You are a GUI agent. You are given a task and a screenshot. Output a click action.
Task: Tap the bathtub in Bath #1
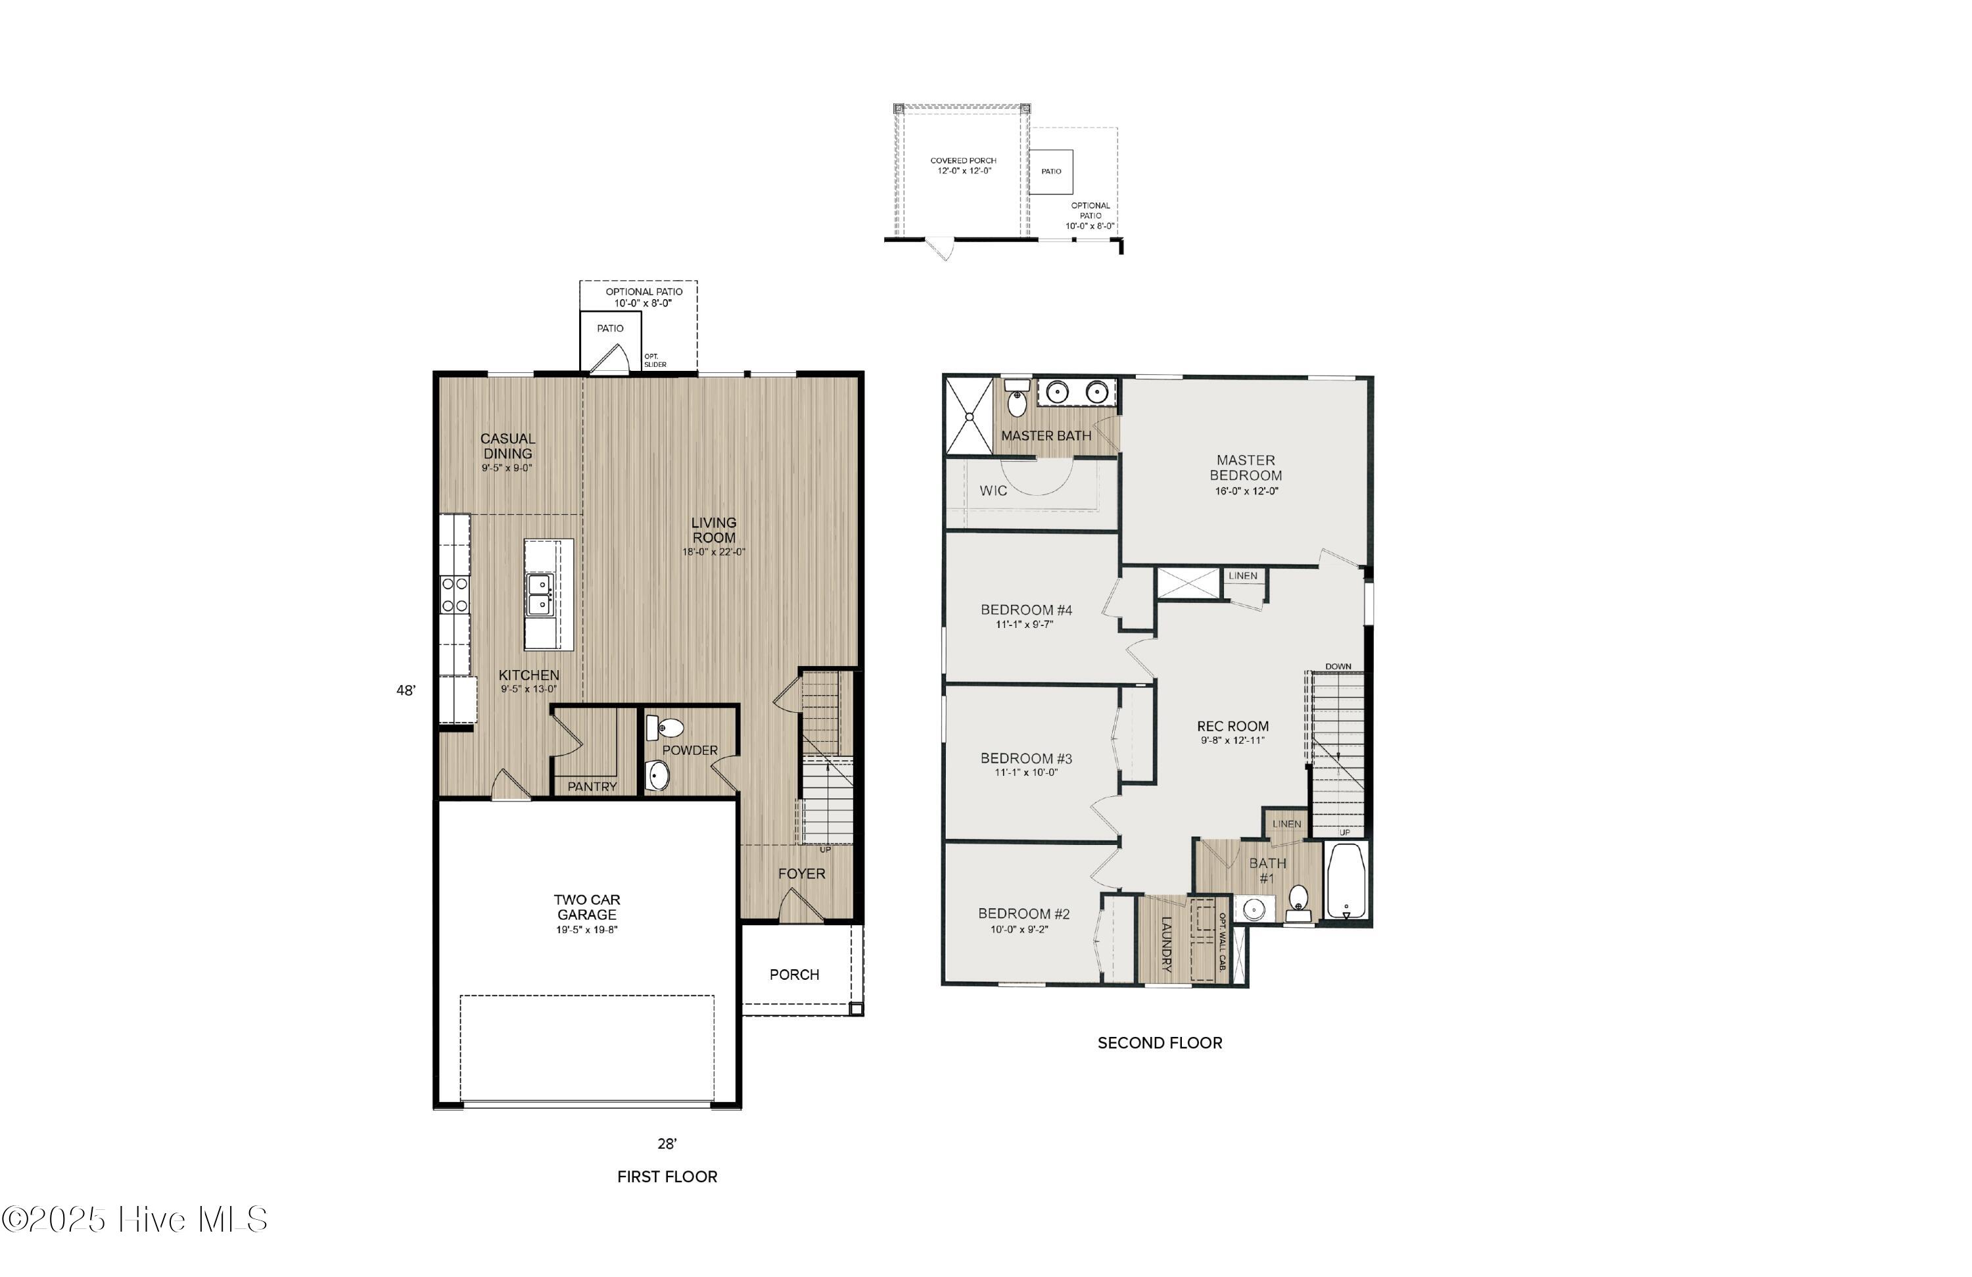coord(1346,881)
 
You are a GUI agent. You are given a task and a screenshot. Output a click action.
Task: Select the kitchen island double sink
coord(540,595)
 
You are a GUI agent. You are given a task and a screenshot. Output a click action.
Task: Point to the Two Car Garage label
coord(586,907)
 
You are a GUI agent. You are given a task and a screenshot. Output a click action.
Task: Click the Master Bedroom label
coord(1246,468)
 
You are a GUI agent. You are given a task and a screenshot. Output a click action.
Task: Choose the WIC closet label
coord(993,491)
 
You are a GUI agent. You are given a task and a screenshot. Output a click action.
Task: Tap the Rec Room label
coord(1233,726)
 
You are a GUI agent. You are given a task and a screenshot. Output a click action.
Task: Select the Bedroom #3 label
coord(1026,758)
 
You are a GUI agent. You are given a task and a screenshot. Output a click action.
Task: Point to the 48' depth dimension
coord(406,690)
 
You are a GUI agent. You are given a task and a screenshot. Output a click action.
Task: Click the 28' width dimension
coord(667,1144)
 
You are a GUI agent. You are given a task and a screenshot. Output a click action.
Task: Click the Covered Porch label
coord(964,160)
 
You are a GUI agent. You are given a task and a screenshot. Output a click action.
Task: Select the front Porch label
coord(794,975)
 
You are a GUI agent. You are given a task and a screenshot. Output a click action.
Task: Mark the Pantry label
coord(592,786)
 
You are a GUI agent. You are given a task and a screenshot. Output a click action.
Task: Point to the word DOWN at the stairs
coord(1338,667)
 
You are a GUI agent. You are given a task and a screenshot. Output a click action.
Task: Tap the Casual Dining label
coord(508,446)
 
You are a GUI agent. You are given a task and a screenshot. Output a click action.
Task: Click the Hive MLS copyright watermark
coord(134,1220)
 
